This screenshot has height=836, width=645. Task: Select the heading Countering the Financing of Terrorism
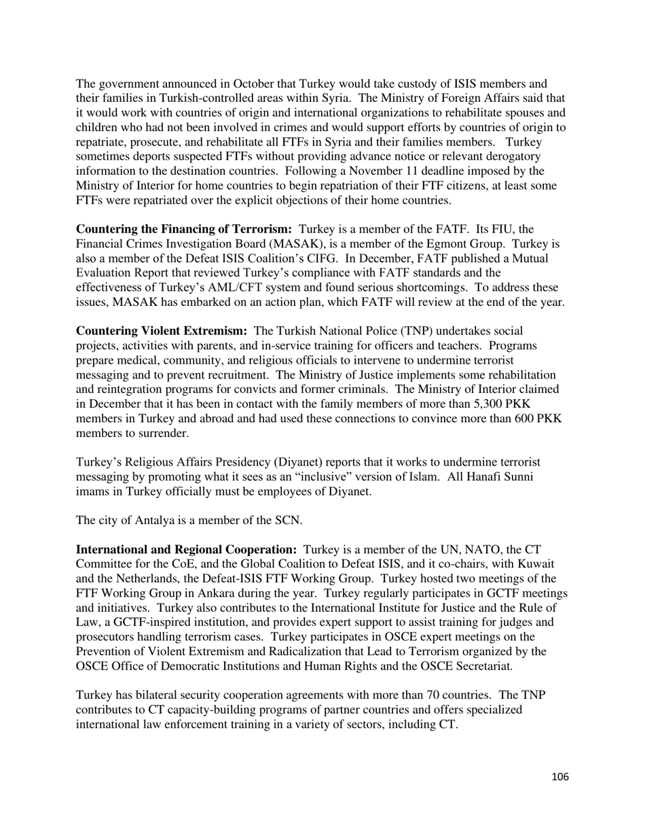[x=184, y=230]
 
